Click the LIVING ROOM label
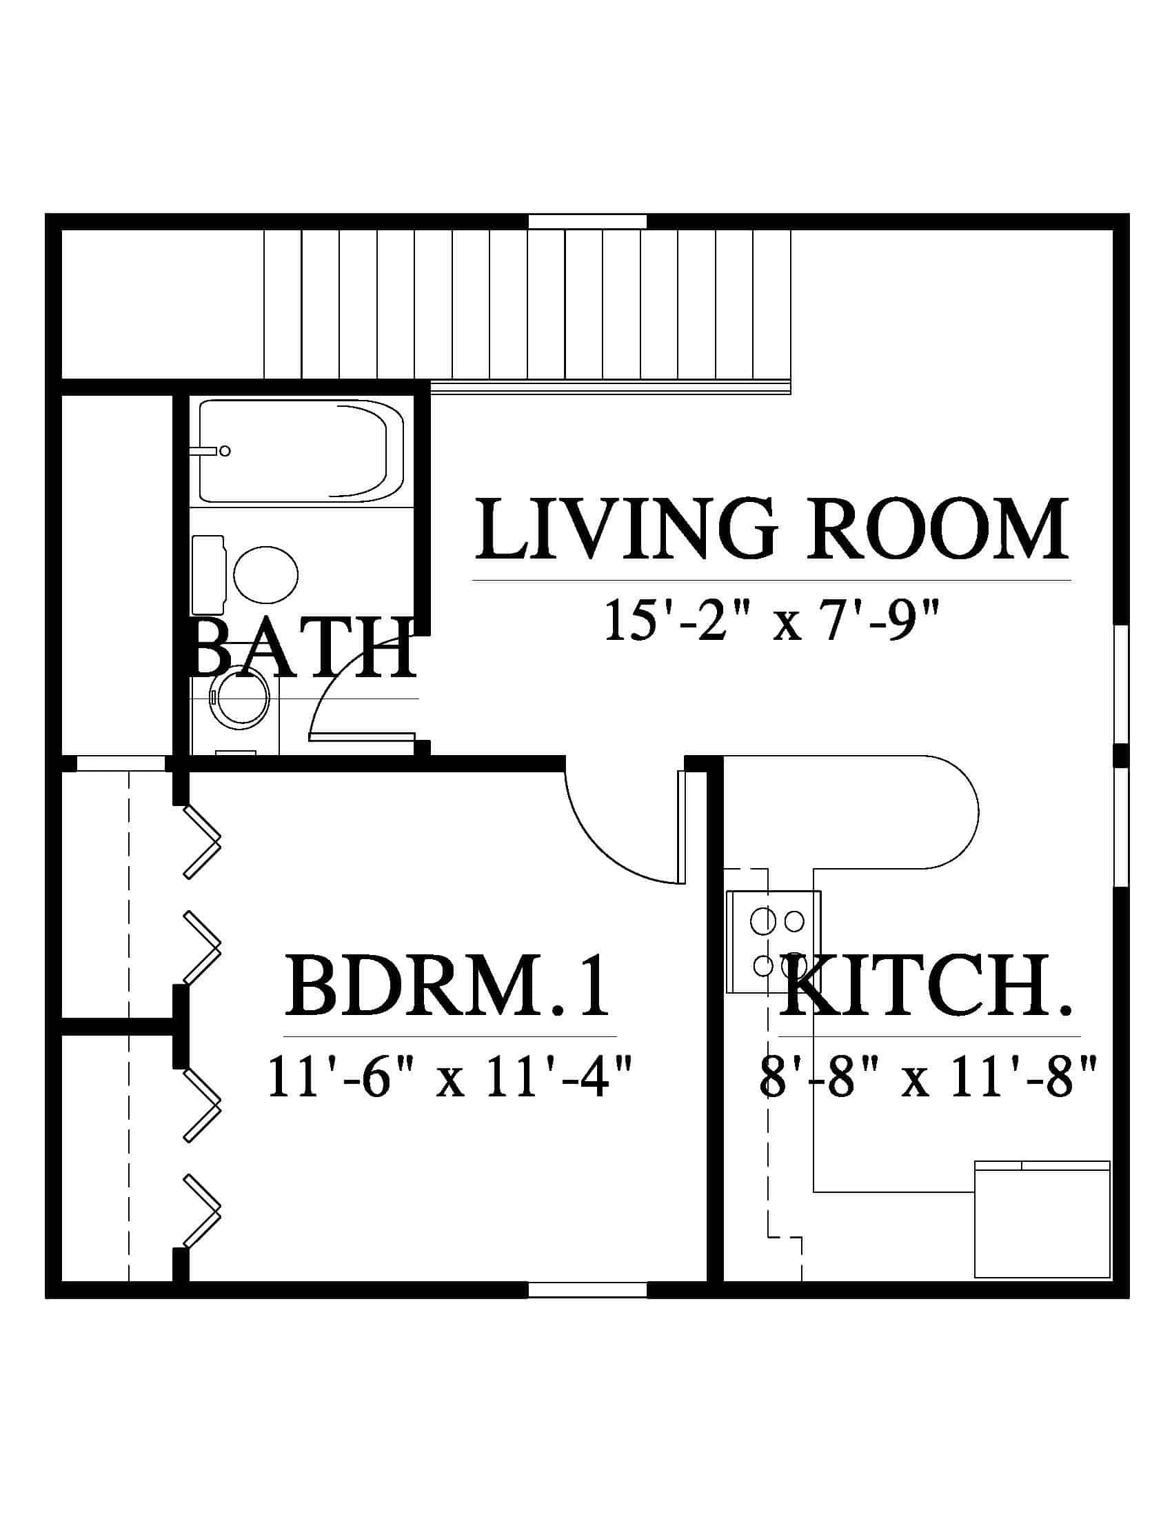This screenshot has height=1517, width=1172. [771, 530]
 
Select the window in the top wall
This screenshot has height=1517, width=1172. [587, 221]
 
